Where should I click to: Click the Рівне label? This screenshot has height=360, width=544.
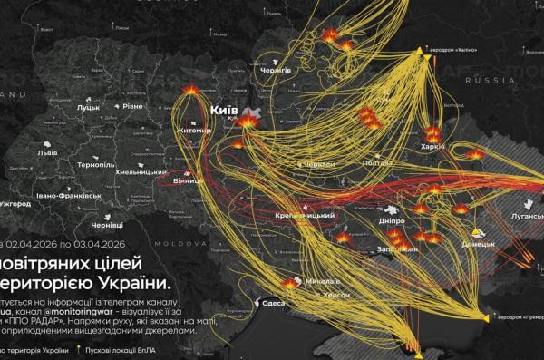132,107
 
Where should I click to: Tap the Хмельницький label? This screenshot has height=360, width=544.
144,170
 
